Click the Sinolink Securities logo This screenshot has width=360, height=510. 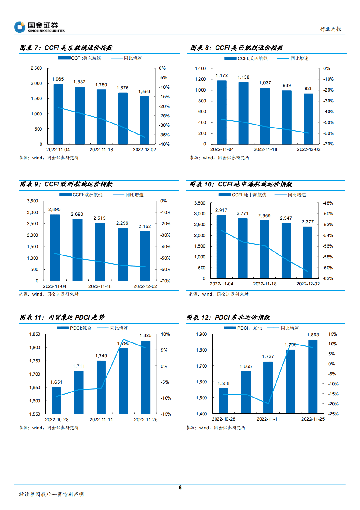coord(39,27)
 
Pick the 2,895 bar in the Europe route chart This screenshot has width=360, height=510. coord(55,247)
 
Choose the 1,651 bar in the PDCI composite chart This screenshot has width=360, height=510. coord(57,400)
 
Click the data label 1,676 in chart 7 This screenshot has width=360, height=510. coord(123,88)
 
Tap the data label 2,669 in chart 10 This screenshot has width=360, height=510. coord(264,216)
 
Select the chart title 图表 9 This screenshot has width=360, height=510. coord(66,184)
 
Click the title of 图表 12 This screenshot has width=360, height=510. coord(228,318)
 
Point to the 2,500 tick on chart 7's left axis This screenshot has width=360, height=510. coord(36,68)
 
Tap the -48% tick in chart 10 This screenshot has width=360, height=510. coord(328,203)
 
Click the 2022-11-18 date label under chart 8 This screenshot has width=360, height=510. coord(265,149)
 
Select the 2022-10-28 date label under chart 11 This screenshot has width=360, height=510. coord(57,420)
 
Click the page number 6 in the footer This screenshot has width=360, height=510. coord(180,488)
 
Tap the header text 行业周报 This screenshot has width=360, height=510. coord(331,29)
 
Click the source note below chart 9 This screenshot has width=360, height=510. coord(49,294)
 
